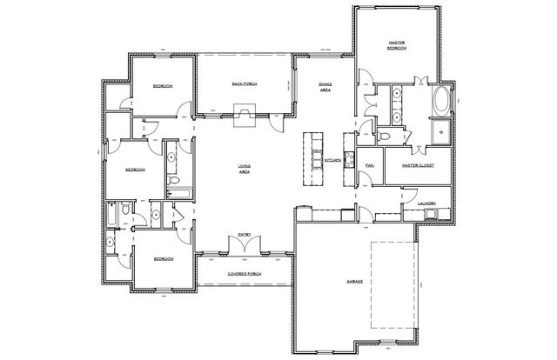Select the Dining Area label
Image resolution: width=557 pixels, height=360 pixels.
(323, 86)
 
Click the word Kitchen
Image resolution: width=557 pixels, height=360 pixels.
(332, 162)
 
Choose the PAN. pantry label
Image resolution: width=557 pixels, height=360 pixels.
(369, 164)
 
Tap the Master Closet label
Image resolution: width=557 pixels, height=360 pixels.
(418, 164)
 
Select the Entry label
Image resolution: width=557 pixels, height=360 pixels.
(245, 233)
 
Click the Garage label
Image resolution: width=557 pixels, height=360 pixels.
(355, 283)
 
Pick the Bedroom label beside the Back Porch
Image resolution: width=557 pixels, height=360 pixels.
(162, 86)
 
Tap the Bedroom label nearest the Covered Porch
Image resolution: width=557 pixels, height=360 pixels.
(164, 259)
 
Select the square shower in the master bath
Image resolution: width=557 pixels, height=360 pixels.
(438, 133)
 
